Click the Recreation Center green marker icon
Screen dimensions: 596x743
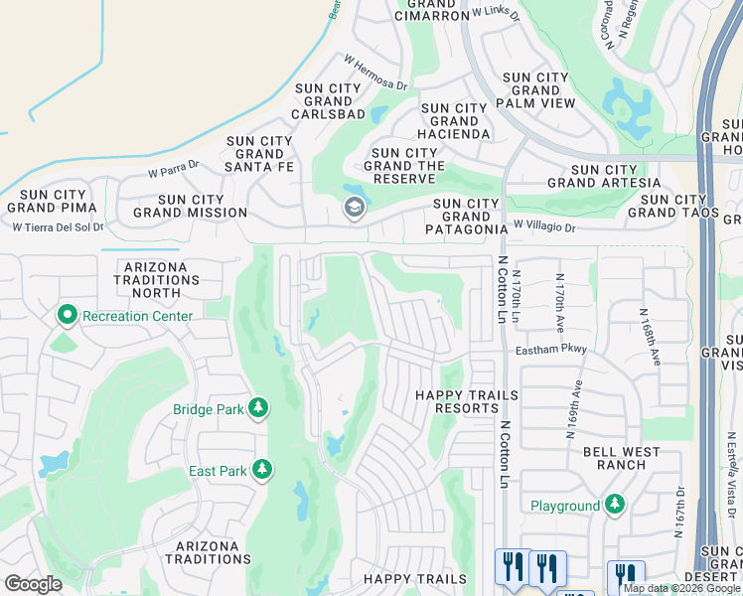tap(68, 316)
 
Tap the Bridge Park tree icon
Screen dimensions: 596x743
tap(258, 408)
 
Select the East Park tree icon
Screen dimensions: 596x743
tap(261, 468)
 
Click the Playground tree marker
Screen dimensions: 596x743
tap(615, 505)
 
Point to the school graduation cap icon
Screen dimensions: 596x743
tap(353, 208)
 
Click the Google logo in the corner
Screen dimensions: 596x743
tap(33, 584)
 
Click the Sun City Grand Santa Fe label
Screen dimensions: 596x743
tap(259, 154)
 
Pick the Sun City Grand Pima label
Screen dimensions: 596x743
tap(52, 200)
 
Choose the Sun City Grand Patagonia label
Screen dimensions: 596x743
tap(465, 217)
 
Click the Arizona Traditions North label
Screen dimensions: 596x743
tap(157, 280)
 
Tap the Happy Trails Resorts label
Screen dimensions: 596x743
tap(466, 402)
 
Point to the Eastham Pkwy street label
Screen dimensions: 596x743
tap(551, 350)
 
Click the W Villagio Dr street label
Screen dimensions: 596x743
tap(543, 227)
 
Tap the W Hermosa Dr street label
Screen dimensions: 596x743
tap(375, 73)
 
